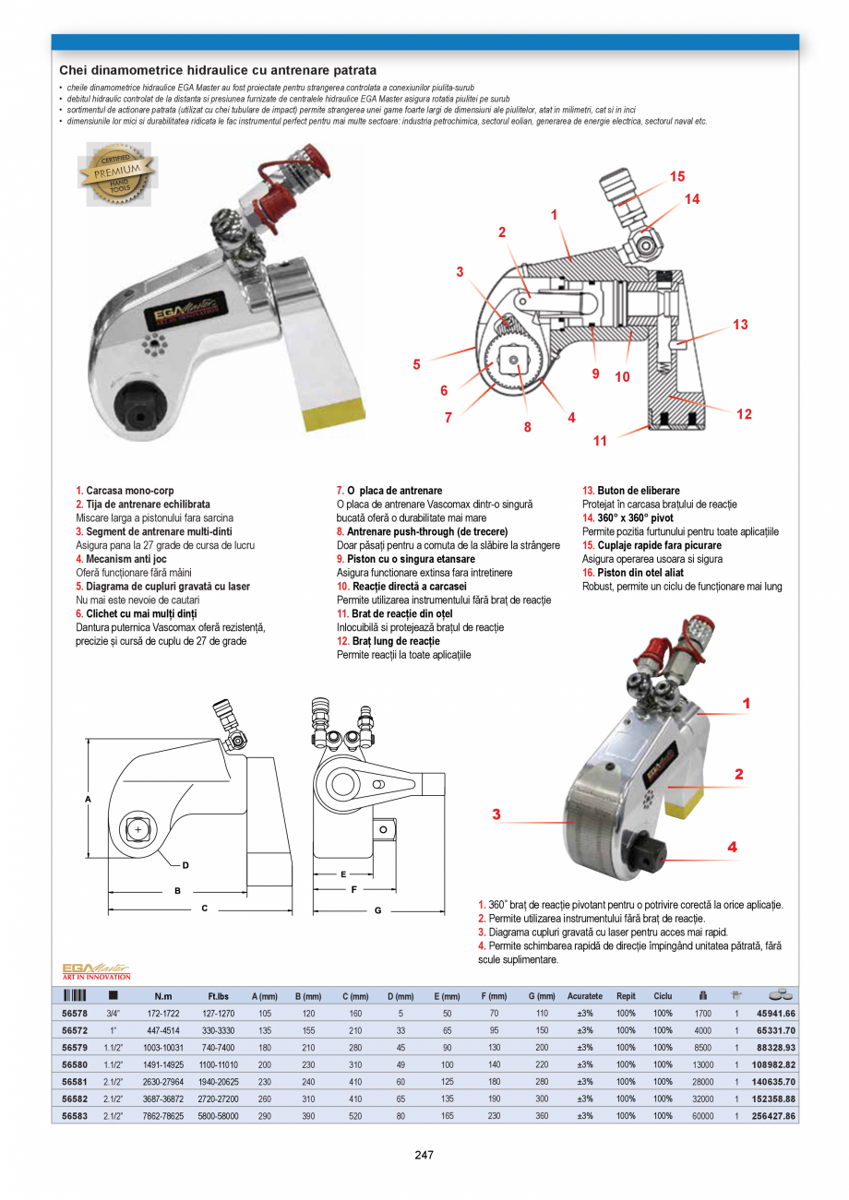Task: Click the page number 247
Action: [424, 1155]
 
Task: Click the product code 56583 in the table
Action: [75, 1116]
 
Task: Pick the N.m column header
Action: [162, 996]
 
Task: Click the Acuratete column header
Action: [584, 996]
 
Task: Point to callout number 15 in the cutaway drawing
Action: [677, 176]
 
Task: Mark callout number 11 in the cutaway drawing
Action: [600, 440]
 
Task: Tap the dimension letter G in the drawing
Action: [377, 911]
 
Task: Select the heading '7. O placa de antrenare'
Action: [389, 491]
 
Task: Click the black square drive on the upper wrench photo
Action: [138, 403]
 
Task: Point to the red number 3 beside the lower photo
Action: [496, 814]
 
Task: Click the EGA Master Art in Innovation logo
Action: [96, 970]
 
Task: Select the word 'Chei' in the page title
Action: [74, 70]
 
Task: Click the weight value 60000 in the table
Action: [702, 1116]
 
